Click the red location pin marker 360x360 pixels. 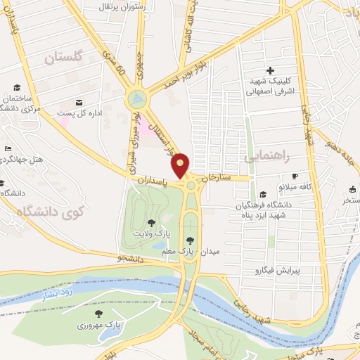[x=181, y=165]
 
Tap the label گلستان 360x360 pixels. [x=63, y=58]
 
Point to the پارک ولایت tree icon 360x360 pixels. [x=152, y=223]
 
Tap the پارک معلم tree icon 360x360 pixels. [x=189, y=240]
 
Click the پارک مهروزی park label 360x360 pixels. [x=98, y=325]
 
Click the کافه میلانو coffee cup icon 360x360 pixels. [x=295, y=176]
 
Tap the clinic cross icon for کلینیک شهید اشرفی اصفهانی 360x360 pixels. [x=270, y=70]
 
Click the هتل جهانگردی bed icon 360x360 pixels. [x=8, y=148]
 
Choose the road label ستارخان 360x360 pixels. [x=216, y=178]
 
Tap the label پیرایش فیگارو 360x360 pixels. [x=276, y=269]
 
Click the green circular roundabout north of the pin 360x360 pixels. [x=137, y=99]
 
